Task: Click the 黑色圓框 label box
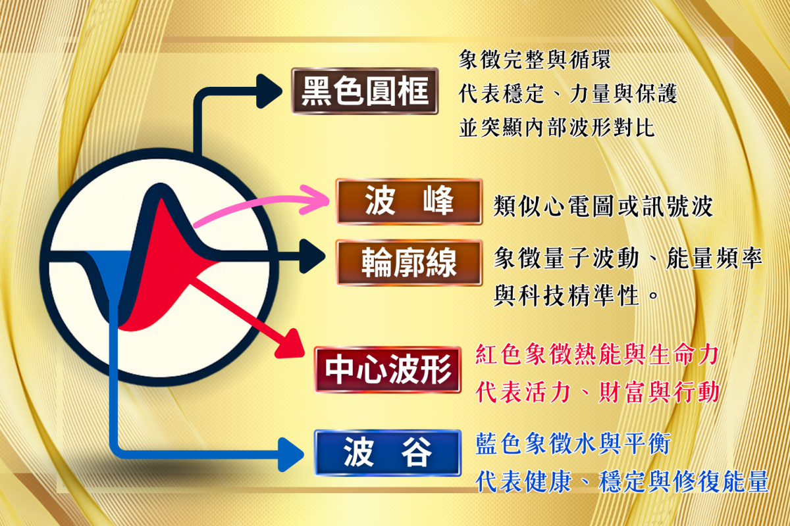pos(365,91)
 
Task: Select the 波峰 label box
pos(409,201)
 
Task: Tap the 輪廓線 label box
pos(409,262)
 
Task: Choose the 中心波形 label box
pos(388,370)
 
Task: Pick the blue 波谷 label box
pos(388,453)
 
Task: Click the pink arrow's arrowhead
pos(315,200)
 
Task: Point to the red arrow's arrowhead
pos(291,345)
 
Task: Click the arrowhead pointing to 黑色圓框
pos(269,91)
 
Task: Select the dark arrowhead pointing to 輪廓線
pos(312,256)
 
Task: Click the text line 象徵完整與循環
pos(535,60)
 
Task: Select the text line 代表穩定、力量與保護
pos(567,94)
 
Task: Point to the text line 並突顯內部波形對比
pos(556,128)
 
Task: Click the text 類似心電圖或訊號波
pos(603,206)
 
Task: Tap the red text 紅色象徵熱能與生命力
pos(596,354)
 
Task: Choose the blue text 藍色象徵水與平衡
pos(573,444)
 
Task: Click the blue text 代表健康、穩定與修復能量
pos(621,481)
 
